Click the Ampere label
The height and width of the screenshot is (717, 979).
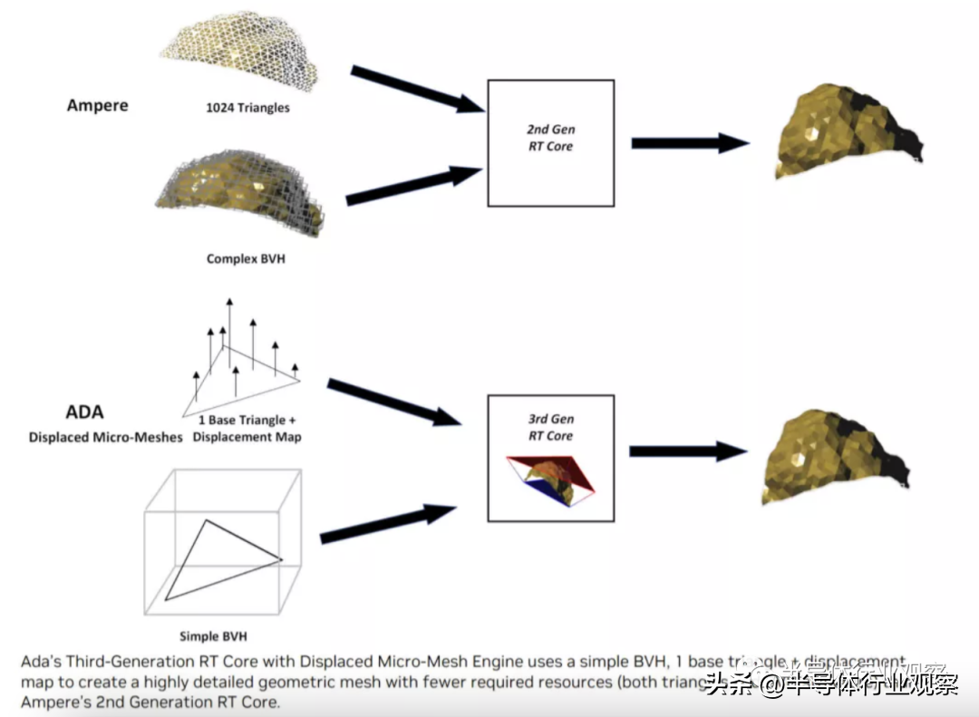[x=97, y=105]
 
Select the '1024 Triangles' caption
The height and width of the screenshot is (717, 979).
[x=247, y=108]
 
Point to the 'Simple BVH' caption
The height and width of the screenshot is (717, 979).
[x=213, y=635]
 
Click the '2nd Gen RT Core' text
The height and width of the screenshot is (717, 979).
[x=550, y=138]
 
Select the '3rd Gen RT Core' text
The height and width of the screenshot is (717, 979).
[x=550, y=427]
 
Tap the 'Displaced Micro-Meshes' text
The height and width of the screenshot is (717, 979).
[x=105, y=438]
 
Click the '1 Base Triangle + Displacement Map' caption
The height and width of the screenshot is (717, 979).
[x=248, y=429]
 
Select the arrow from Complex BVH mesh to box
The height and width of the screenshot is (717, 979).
[x=413, y=186]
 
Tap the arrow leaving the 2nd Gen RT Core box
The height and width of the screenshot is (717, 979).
[x=689, y=142]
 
